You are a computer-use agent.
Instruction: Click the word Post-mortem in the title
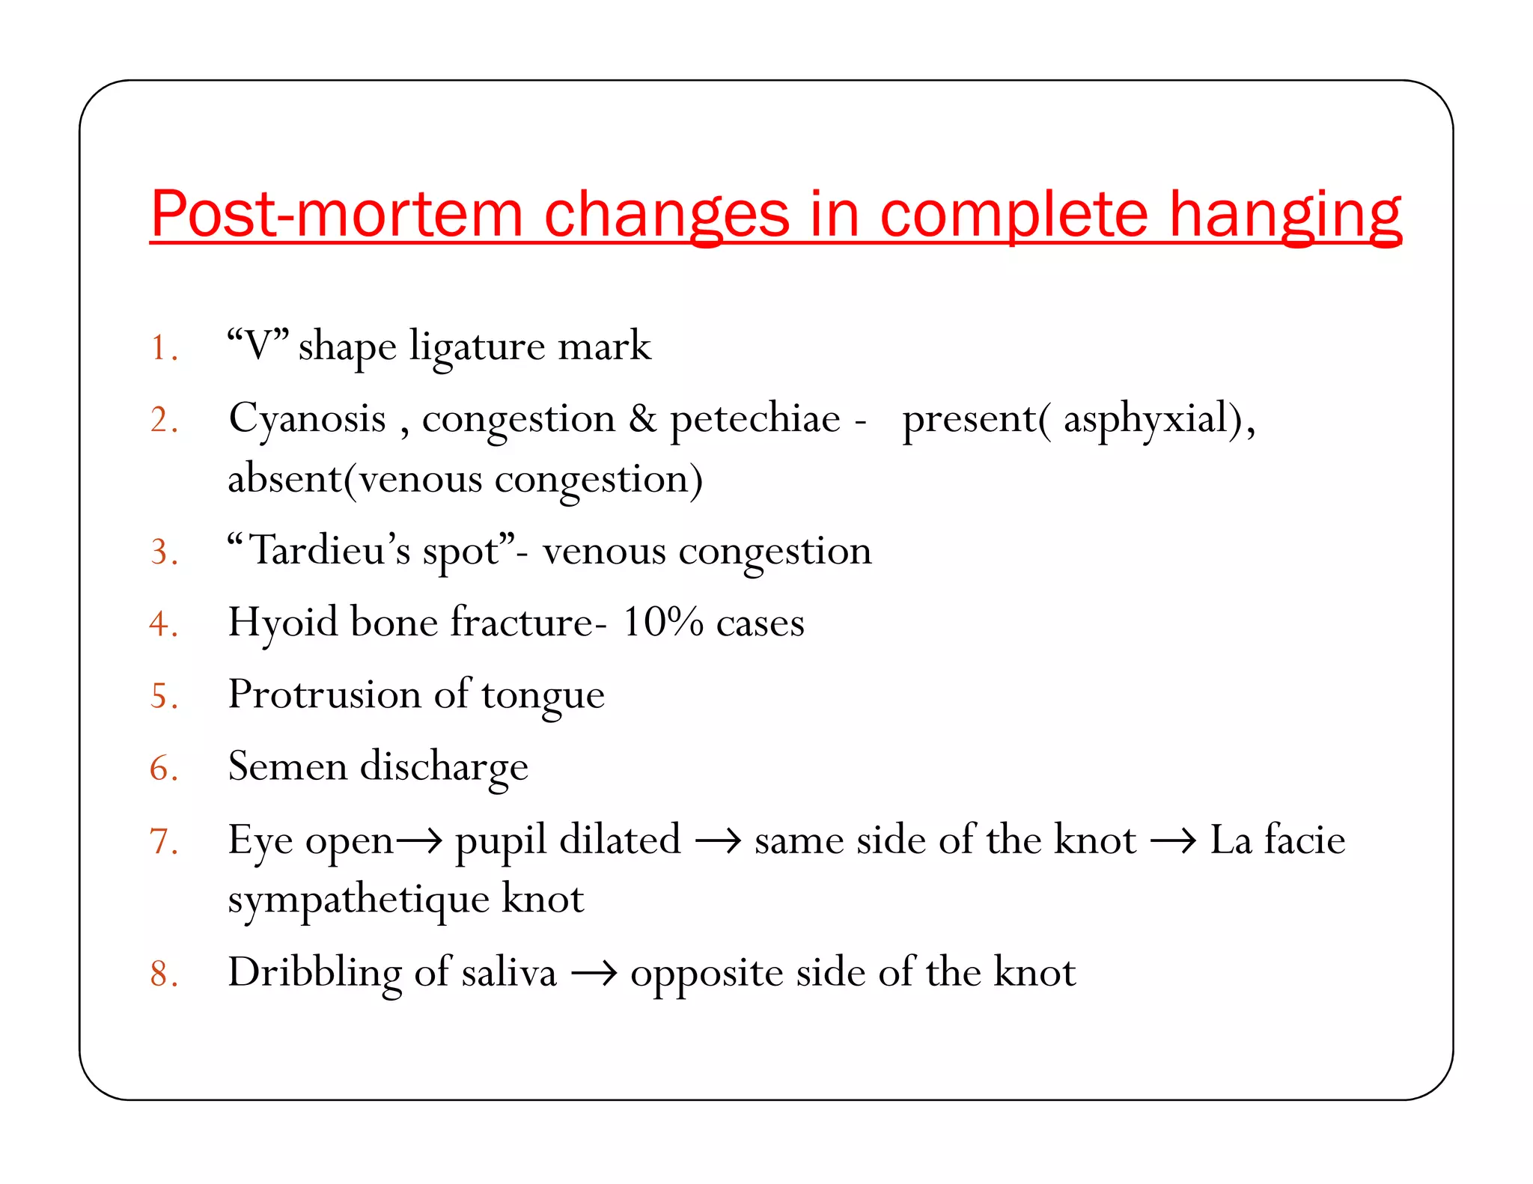coord(335,214)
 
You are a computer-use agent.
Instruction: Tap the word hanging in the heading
coord(1284,216)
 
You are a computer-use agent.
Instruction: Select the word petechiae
coord(755,419)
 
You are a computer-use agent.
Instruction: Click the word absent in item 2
coord(284,479)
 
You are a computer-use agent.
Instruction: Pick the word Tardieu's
coord(329,551)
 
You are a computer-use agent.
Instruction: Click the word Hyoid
coord(283,623)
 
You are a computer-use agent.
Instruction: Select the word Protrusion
coord(324,695)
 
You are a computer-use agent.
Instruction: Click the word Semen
coord(287,766)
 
